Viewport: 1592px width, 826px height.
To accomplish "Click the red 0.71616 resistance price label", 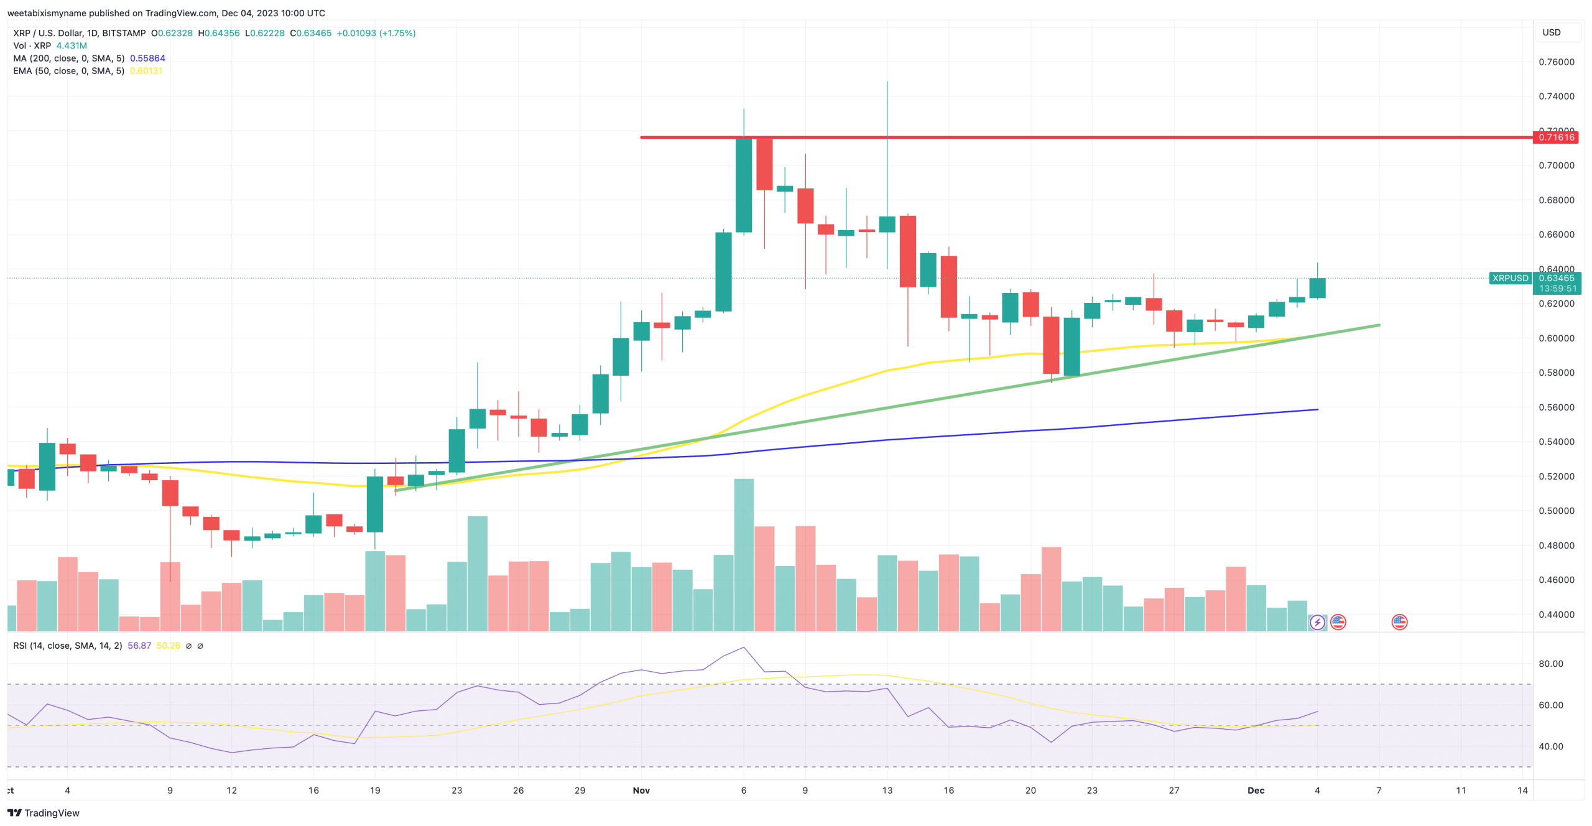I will coord(1556,137).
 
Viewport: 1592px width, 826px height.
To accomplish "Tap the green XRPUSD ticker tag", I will coord(1510,278).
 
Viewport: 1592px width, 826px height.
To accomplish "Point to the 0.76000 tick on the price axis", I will coord(1556,62).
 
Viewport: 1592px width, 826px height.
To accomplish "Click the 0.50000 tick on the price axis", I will coord(1556,511).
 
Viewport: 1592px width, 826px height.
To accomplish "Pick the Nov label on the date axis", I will coord(641,790).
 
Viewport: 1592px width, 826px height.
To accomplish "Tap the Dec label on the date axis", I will coord(1256,790).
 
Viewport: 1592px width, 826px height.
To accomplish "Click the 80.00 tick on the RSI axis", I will coord(1550,664).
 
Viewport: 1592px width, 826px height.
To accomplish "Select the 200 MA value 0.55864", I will coord(147,58).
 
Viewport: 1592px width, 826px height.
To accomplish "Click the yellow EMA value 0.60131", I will coord(146,71).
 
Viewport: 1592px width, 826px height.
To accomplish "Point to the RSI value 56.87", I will coord(139,646).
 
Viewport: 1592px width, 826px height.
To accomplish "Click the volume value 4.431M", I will coord(72,45).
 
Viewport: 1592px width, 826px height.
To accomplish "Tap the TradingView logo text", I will coord(51,813).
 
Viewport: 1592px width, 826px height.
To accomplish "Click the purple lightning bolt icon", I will coord(1317,622).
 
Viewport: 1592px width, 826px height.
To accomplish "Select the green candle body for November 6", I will coord(743,185).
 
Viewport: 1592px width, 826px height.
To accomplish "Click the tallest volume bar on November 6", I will coord(743,554).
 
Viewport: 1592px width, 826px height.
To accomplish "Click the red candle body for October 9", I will coord(170,493).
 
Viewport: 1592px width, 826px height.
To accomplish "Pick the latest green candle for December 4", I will coord(1317,288).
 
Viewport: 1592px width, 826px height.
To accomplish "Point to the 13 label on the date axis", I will coord(887,790).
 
